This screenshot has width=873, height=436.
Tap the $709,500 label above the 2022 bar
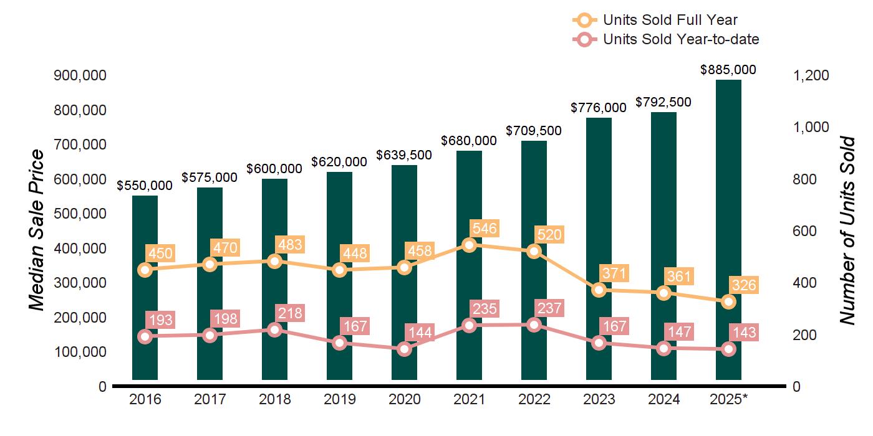533,131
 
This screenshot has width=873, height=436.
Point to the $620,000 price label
339,162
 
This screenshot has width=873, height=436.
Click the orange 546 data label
485,229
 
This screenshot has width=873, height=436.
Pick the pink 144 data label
420,332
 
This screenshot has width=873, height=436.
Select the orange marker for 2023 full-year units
599,290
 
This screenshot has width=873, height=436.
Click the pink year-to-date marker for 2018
274,329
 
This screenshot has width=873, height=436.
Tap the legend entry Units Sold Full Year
670,21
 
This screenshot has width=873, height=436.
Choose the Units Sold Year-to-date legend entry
681,39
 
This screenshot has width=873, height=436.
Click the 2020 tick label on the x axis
404,399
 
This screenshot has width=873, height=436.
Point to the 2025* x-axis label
728,399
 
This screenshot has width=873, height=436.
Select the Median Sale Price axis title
37,230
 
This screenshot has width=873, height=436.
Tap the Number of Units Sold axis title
847,230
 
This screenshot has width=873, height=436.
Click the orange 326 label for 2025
744,286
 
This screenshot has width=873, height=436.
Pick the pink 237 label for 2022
549,308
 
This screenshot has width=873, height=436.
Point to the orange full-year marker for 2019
339,270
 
